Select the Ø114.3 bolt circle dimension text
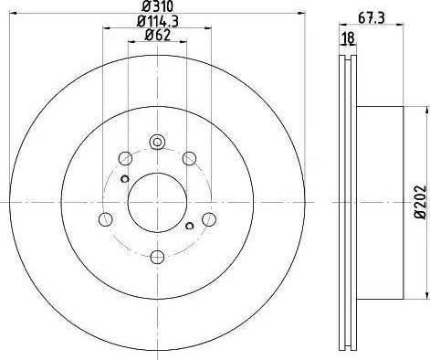tap(156, 21)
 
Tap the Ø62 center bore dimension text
tap(156, 37)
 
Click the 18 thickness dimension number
tap(347, 37)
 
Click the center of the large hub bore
tap(156, 202)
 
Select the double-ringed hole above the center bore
tap(156, 142)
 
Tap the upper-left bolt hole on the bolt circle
tap(124, 157)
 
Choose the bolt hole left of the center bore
tap(104, 217)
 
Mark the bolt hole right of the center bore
tap(209, 217)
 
